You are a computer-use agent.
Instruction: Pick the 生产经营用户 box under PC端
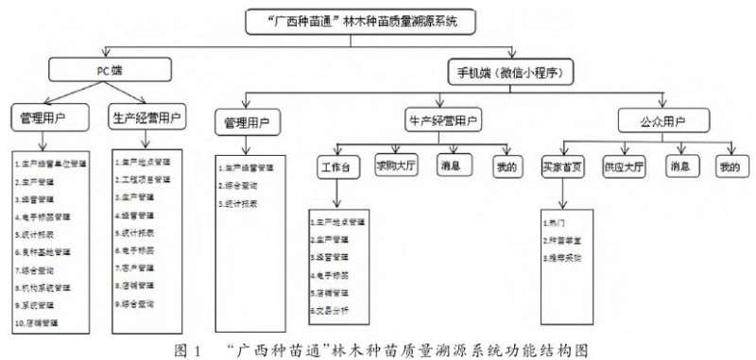[x=147, y=117]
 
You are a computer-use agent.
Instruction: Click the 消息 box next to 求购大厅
[x=453, y=164]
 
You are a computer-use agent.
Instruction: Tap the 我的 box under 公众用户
[x=725, y=164]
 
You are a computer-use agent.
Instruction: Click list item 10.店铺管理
[x=41, y=323]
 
